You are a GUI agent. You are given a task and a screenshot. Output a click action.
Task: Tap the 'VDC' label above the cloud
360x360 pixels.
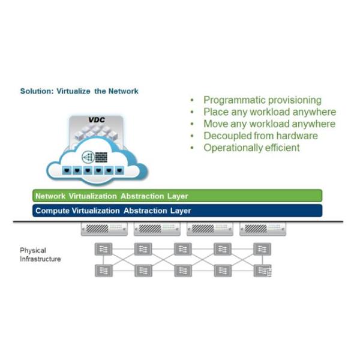pos(96,120)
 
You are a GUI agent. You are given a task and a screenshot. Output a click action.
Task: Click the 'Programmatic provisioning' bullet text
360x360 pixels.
pos(262,100)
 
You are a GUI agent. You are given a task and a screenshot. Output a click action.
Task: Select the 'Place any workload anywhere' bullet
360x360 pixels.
pos(269,112)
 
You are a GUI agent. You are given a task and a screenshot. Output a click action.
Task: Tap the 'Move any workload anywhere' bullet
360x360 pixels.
pos(269,124)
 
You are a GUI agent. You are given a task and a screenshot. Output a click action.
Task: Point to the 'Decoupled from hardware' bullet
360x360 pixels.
pos(260,136)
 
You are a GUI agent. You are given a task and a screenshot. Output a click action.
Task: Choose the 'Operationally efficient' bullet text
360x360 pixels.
pos(251,147)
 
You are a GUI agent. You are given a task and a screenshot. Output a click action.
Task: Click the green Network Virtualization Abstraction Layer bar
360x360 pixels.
pos(178,196)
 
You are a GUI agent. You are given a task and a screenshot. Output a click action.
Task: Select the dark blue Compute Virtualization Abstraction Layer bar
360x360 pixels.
pos(178,211)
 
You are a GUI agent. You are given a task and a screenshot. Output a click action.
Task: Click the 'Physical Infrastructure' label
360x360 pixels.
pos(40,254)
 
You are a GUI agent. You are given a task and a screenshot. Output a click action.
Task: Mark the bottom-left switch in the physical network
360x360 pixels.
pos(104,271)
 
